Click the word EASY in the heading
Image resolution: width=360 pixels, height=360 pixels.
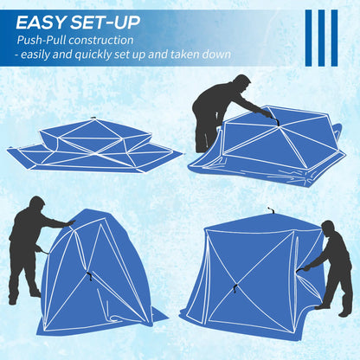pos(42,21)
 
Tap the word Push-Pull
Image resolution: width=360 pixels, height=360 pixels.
pos(43,40)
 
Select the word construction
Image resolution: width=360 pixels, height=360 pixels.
pos(103,40)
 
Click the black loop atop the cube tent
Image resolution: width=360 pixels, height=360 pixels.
pos(270,210)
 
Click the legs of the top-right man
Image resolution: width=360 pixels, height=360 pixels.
pos(205,137)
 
